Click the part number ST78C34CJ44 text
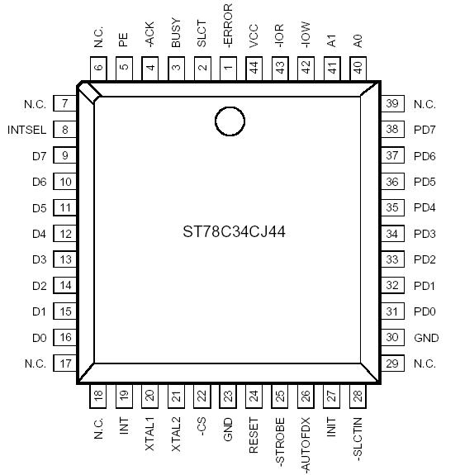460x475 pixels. point(235,232)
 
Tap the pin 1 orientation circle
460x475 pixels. point(230,121)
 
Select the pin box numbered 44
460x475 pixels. point(254,68)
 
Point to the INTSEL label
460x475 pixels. point(26,131)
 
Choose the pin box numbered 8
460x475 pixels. point(65,130)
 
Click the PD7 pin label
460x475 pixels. point(424,130)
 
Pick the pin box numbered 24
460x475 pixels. point(254,397)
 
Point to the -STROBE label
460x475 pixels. point(280,442)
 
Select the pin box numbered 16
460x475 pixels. point(65,338)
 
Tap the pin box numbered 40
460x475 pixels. point(358,68)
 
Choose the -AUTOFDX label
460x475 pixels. point(306,445)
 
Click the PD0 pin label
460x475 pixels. point(424,311)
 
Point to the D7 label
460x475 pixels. point(38,156)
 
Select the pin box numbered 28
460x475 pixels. point(358,397)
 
